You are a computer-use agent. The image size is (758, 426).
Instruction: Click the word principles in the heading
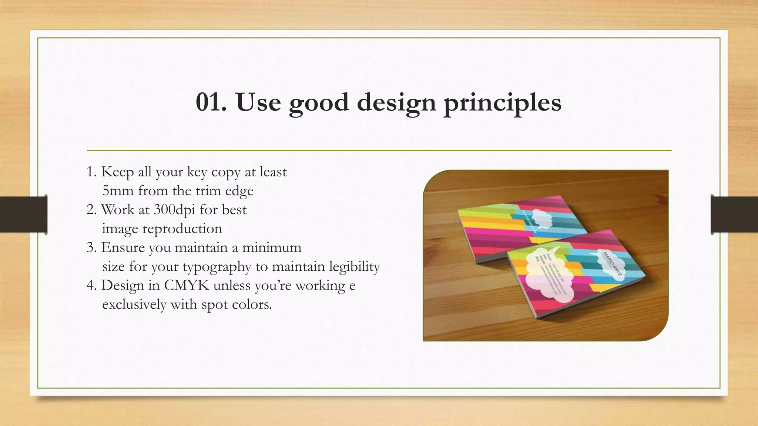[x=502, y=103]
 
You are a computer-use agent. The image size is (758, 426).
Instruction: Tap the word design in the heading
[x=396, y=103]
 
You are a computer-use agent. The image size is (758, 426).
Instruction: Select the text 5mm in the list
[x=118, y=191]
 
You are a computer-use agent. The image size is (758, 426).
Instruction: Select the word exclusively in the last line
[x=134, y=305]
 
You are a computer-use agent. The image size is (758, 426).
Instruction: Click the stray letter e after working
[x=352, y=285]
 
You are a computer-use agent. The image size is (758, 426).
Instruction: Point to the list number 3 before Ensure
[x=90, y=247]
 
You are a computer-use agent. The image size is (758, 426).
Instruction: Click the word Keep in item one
[x=117, y=172]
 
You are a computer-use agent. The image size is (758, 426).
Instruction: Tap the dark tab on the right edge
[x=734, y=214]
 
